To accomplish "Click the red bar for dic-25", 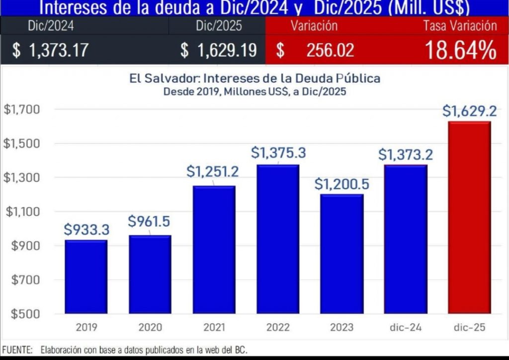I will [469, 217].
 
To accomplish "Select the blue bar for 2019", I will [86, 276].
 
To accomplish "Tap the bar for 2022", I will [278, 239].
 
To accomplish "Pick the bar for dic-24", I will [406, 239].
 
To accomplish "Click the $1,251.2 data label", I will [213, 172].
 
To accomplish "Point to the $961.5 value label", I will [150, 221].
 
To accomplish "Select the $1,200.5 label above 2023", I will [341, 184].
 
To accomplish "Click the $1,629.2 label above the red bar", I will [469, 111].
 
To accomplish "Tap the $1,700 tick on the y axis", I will [17, 109].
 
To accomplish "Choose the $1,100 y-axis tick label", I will [17, 212].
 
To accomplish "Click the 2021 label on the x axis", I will [214, 327].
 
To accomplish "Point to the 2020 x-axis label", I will [150, 327].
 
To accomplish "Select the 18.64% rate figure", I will [460, 51].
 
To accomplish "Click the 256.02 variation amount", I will [330, 51].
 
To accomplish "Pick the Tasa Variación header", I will [460, 26].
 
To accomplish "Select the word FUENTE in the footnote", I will [17, 350].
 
